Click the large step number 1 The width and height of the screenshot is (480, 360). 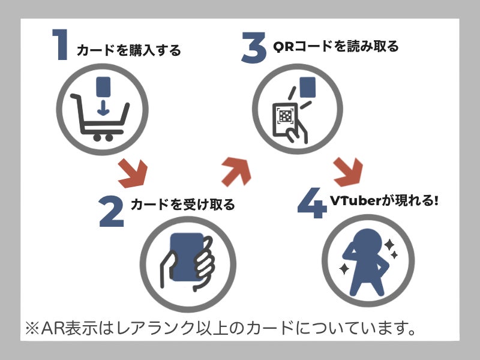(61, 44)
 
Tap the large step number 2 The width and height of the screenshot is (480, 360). (112, 211)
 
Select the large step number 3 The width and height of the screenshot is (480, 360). (254, 48)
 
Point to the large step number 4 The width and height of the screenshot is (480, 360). (311, 203)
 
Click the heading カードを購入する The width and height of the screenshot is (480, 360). (129, 50)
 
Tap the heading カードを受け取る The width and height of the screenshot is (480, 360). (183, 205)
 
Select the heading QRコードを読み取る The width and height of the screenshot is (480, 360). (336, 46)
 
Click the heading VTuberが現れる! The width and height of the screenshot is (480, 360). (384, 201)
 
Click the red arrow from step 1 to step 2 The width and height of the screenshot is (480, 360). (133, 173)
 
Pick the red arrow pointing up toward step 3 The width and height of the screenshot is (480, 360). (236, 172)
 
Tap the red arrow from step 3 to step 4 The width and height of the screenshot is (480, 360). (348, 172)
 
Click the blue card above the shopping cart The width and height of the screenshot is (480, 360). (103, 86)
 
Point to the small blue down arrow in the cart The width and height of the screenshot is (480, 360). (103, 108)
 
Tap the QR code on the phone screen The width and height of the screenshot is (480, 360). (286, 116)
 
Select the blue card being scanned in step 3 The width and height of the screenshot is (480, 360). (307, 87)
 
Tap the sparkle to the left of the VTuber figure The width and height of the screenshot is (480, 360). (344, 268)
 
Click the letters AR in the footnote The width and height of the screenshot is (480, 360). (52, 328)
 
